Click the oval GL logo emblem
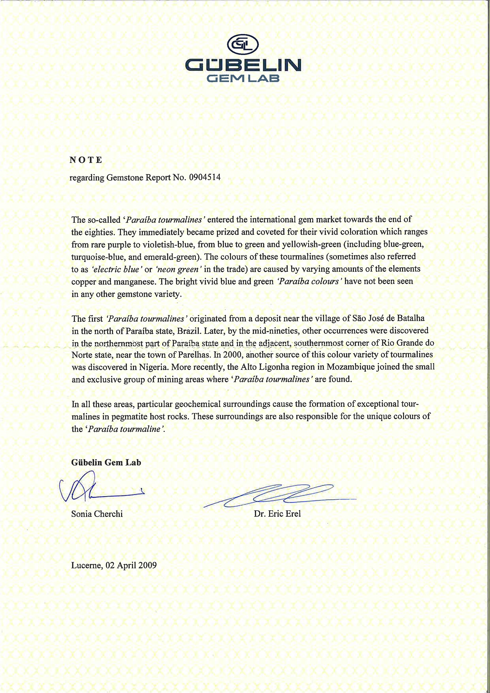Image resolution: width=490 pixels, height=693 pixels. tap(242, 45)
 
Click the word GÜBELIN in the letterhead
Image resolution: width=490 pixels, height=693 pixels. tap(243, 65)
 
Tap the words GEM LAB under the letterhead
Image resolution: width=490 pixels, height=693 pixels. tap(243, 78)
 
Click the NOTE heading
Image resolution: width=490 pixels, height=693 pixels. tap(86, 160)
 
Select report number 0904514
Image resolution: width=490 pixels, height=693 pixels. tap(205, 177)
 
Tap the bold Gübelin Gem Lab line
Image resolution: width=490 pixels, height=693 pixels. tap(106, 462)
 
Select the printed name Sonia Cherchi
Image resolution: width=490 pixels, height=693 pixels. tap(97, 514)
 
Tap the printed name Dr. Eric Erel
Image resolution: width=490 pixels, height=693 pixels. tap(277, 514)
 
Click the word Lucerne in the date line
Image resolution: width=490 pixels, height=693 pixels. tap(87, 565)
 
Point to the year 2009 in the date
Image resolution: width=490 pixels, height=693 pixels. tap(147, 565)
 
